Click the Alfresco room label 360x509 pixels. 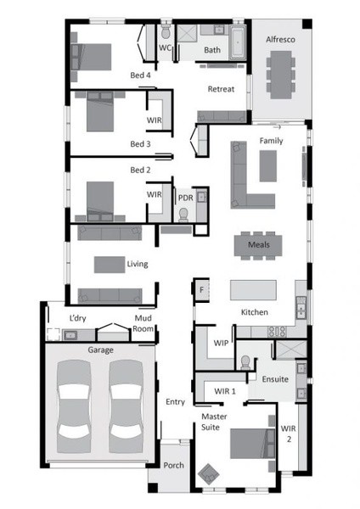[280, 40]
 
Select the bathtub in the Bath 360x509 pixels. [238, 43]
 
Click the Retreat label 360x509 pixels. [221, 89]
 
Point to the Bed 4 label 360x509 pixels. [140, 76]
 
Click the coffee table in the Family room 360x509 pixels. [268, 166]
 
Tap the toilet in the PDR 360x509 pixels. [183, 215]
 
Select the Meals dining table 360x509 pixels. [258, 245]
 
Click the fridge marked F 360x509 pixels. [201, 289]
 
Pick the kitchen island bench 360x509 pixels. [253, 290]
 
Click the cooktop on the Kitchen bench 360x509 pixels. [277, 332]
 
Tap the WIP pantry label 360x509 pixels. [221, 343]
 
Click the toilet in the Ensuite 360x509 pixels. [245, 362]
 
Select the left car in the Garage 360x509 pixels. [74, 406]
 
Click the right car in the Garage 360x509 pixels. [126, 406]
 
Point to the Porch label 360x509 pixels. [173, 466]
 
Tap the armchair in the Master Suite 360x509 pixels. [208, 474]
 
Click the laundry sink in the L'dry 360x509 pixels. [70, 335]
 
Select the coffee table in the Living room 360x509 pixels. [110, 265]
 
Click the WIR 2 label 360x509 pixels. [288, 433]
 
